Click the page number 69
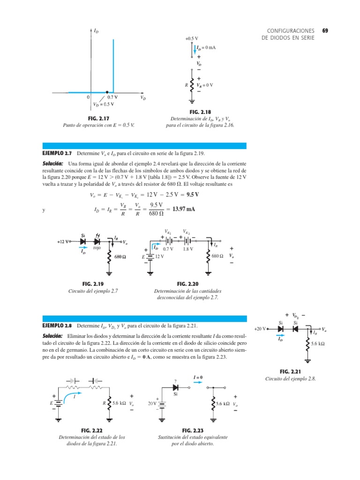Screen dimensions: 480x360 pos(325,31)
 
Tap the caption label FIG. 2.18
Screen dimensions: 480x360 pos(200,112)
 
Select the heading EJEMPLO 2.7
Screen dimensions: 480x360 pos(57,154)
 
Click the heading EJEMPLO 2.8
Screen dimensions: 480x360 pos(57,326)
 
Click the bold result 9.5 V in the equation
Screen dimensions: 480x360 pos(191,195)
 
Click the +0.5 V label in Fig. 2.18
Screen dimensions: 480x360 pos(191,38)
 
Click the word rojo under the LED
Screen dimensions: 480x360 pos(97,248)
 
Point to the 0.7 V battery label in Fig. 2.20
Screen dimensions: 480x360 pos(168,249)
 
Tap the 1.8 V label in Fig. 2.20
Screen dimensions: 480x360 pos(188,249)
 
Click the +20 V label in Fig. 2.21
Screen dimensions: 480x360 pos(260,329)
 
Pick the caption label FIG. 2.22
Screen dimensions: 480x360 pos(92,430)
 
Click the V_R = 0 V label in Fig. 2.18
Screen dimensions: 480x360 pos(205,85)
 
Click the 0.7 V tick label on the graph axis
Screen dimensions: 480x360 pos(112,97)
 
